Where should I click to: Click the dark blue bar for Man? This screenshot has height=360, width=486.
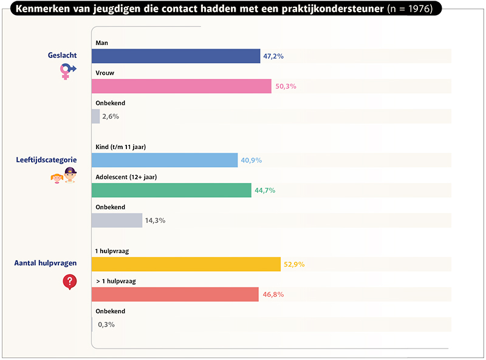coord(176,56)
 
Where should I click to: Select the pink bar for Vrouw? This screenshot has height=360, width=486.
coord(181,86)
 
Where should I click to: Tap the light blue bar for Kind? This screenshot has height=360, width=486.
coord(164,161)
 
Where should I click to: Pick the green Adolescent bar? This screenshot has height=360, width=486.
coord(171,190)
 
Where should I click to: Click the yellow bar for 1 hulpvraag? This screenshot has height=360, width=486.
coord(186,265)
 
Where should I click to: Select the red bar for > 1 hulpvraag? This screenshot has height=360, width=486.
coord(175,294)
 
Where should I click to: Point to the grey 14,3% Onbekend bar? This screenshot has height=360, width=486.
coord(117,220)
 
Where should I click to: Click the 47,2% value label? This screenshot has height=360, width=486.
coord(273,56)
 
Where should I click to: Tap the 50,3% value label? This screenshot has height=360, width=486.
coord(286,86)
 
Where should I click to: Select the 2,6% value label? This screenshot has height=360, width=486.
coord(111,116)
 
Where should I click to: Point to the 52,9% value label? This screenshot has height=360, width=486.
coord(293,265)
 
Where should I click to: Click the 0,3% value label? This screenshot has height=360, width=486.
coord(106,324)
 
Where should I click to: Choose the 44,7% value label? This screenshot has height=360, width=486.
coord(265,190)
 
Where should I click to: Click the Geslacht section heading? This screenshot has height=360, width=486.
coord(62,55)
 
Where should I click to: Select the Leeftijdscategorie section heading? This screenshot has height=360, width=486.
coord(46,161)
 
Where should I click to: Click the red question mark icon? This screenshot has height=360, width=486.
coord(70,281)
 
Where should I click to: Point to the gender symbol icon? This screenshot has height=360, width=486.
coord(67,72)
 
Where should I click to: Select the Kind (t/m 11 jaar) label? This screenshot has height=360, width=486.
coord(121,147)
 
